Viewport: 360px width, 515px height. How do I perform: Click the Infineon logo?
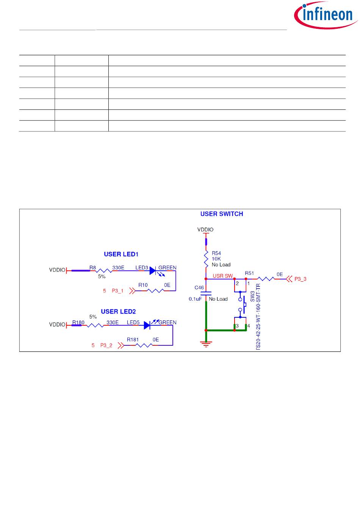326,15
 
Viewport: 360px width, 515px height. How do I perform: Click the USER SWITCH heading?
222,214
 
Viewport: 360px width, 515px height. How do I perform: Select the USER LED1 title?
121,254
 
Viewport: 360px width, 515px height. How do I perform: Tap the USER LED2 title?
118,312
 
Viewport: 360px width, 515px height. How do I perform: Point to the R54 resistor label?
216,253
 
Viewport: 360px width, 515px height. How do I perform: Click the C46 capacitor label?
199,288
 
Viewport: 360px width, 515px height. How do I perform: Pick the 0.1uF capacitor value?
196,299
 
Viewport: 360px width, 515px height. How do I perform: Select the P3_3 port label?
300,279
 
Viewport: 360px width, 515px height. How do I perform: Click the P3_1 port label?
117,291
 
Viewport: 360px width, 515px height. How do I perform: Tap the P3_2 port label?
106,345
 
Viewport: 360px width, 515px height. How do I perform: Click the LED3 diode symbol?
153,271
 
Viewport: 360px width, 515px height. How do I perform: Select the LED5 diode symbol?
147,325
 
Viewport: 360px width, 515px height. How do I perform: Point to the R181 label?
133,340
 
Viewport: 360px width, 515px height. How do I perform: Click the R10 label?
143,285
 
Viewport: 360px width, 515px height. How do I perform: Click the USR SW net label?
223,276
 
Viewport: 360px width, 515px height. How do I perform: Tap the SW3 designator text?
253,296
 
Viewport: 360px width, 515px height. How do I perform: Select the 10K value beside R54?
216,259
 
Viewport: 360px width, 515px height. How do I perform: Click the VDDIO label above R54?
205,230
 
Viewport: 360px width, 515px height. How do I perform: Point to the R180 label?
78,323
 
